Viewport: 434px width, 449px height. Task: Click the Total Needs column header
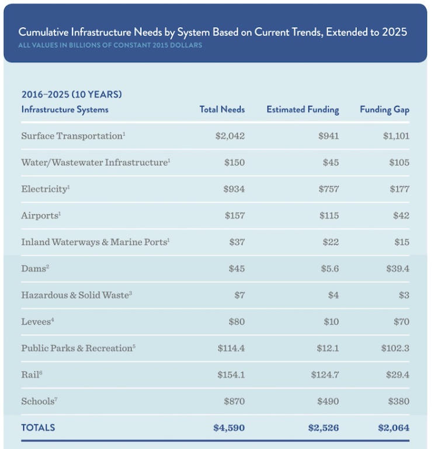pyautogui.click(x=222, y=109)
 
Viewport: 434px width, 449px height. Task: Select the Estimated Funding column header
pyautogui.click(x=303, y=109)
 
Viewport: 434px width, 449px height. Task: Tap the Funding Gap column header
pyautogui.click(x=384, y=110)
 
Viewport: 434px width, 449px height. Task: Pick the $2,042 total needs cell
pyautogui.click(x=230, y=136)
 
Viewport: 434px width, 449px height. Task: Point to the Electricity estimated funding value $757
pyautogui.click(x=329, y=189)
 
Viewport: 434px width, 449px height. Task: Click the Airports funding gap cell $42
pyautogui.click(x=401, y=215)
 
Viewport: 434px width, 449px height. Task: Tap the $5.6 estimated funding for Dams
pyautogui.click(x=329, y=269)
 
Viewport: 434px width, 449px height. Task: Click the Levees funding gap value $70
pyautogui.click(x=401, y=321)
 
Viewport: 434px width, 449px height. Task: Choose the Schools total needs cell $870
pyautogui.click(x=234, y=401)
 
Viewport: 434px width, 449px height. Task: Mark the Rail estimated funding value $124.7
pyautogui.click(x=325, y=375)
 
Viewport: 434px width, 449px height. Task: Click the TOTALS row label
pyautogui.click(x=38, y=427)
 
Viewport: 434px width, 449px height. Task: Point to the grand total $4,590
pyautogui.click(x=229, y=428)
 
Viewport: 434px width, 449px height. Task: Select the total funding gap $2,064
pyautogui.click(x=394, y=428)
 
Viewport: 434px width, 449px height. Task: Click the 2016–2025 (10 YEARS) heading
pyautogui.click(x=72, y=94)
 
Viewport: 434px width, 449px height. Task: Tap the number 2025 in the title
pyautogui.click(x=394, y=32)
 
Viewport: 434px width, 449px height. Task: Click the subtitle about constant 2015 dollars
pyautogui.click(x=110, y=45)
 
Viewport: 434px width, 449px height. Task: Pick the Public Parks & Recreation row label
pyautogui.click(x=78, y=348)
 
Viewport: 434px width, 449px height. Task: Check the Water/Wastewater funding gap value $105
pyautogui.click(x=399, y=162)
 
